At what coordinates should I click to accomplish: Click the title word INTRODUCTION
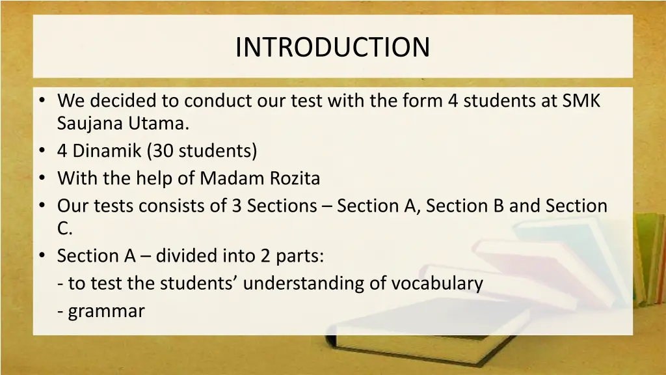(332, 47)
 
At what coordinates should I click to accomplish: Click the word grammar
(106, 311)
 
